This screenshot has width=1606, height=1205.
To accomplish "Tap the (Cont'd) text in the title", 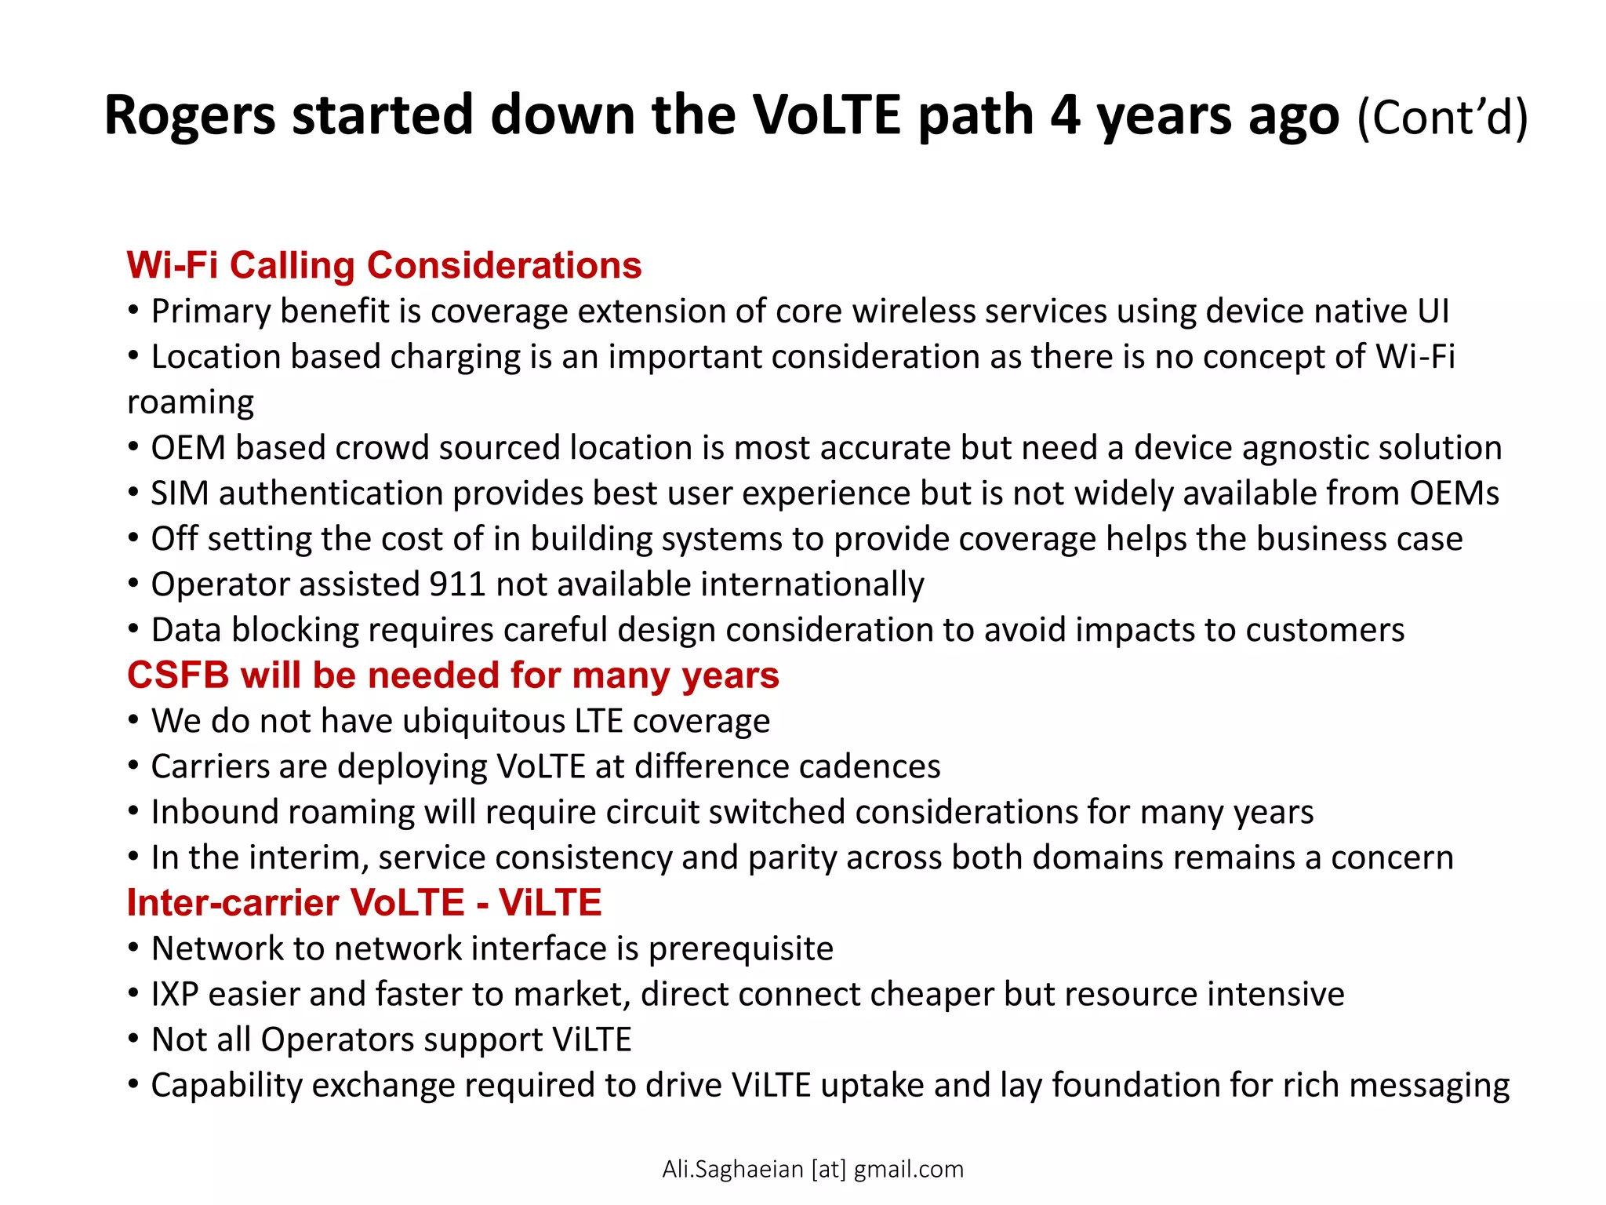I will click(x=1442, y=118).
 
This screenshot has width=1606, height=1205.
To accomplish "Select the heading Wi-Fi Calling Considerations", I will click(x=384, y=265).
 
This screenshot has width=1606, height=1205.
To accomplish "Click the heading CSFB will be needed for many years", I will click(x=452, y=675).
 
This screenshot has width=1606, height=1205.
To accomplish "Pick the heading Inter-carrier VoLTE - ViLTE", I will click(x=364, y=903).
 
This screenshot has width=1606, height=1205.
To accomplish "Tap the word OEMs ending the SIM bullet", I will click(x=1454, y=493).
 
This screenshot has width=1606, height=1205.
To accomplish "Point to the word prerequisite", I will click(x=740, y=949).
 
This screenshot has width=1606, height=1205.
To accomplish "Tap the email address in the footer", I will click(x=812, y=1169).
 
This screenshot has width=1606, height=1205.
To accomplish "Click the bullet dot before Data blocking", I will click(x=134, y=629).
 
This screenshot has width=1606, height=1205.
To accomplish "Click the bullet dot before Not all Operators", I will click(x=134, y=1039).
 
